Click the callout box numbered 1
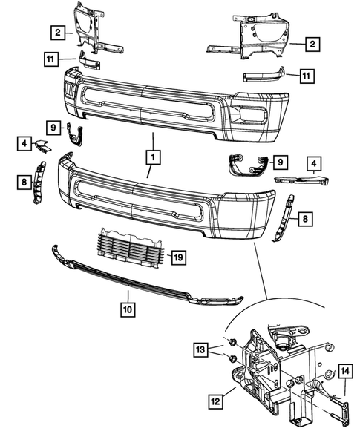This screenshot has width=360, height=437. [x=152, y=157]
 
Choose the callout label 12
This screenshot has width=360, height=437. [x=215, y=401]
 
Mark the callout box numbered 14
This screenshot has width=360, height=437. [x=347, y=370]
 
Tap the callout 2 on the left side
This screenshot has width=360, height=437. [x=56, y=32]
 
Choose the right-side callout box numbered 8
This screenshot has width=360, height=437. [x=305, y=218]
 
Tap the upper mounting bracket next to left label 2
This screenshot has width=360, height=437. [x=89, y=30]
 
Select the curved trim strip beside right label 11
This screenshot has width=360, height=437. [x=264, y=75]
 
